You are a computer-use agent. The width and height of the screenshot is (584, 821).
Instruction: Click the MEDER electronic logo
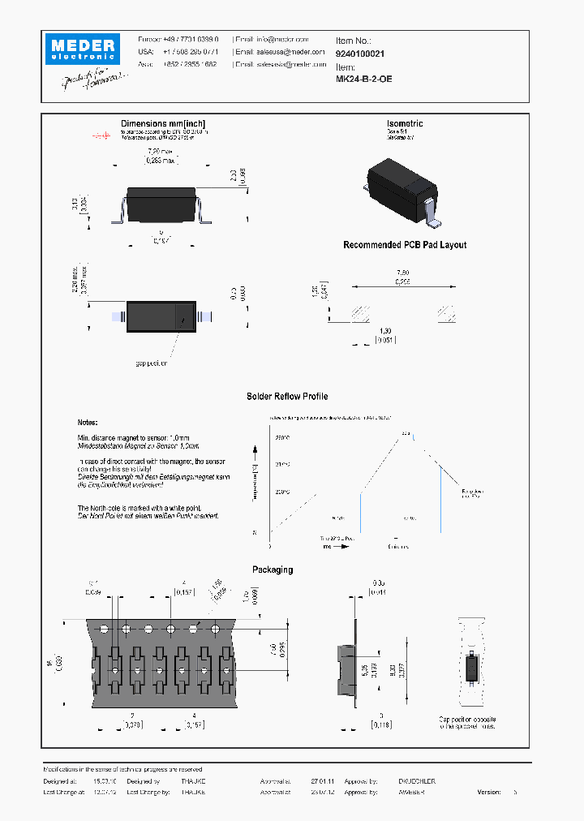click(83, 48)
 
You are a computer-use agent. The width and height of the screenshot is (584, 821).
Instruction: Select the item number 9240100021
click(360, 53)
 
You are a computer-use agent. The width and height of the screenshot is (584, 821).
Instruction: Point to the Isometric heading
click(405, 124)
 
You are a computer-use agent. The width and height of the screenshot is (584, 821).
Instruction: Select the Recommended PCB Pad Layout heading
click(405, 245)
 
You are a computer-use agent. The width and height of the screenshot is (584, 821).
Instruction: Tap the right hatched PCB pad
click(447, 313)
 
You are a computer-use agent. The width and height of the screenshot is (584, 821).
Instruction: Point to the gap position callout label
click(151, 363)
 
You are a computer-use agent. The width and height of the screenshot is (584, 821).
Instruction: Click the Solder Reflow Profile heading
click(287, 397)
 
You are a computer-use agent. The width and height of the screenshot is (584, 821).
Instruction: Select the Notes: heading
click(87, 423)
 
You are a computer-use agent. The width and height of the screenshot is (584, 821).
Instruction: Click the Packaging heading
click(273, 570)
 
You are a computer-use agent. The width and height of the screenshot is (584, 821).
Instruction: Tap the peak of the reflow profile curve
click(410, 435)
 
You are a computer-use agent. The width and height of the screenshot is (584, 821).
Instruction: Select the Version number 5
click(514, 792)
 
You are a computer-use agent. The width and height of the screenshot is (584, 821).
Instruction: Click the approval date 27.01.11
click(322, 781)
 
